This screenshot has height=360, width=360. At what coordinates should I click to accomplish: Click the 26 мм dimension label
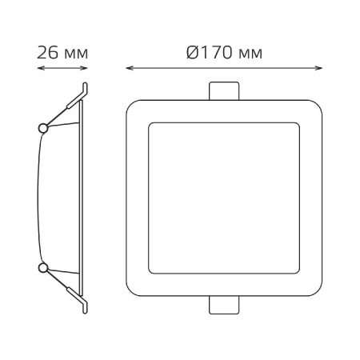(62, 53)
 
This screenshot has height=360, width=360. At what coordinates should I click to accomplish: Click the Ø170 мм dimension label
(224, 53)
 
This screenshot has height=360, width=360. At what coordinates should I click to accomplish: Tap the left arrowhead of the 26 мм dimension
(41, 68)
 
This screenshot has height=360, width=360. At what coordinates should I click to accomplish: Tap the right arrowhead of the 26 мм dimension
(84, 68)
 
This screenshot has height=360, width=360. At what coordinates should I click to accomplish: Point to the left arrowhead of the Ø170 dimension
(130, 68)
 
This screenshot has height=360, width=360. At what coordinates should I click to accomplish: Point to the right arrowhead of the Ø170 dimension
(318, 68)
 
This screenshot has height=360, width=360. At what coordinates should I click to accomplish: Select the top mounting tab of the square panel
(224, 91)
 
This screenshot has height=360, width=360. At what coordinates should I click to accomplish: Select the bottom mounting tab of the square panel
(224, 305)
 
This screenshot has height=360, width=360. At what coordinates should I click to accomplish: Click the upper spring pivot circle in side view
(43, 128)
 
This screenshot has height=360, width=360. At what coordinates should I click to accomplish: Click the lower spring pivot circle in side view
(43, 268)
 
